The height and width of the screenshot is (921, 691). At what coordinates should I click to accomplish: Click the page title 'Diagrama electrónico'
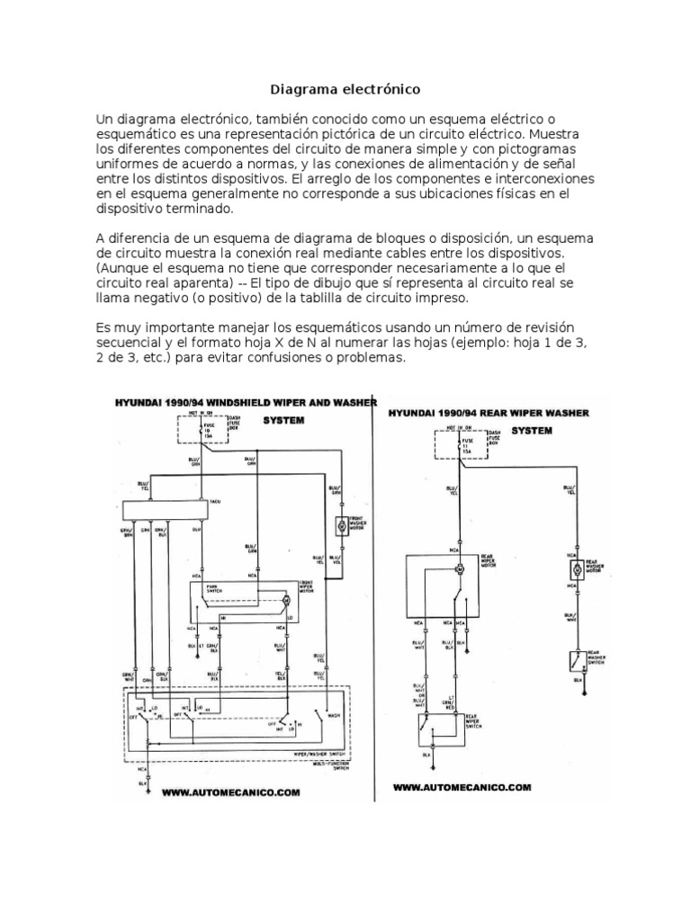click(345, 91)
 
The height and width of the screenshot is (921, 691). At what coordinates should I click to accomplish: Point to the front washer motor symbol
click(341, 526)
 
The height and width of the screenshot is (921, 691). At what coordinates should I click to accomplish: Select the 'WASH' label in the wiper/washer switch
click(332, 718)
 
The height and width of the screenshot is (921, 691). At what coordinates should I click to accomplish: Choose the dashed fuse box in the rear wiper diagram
click(460, 443)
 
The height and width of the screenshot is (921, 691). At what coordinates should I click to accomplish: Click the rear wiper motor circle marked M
click(457, 568)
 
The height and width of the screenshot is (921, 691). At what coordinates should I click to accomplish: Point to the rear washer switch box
click(572, 660)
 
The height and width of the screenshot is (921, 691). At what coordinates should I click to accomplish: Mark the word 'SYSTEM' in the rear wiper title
click(531, 430)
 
